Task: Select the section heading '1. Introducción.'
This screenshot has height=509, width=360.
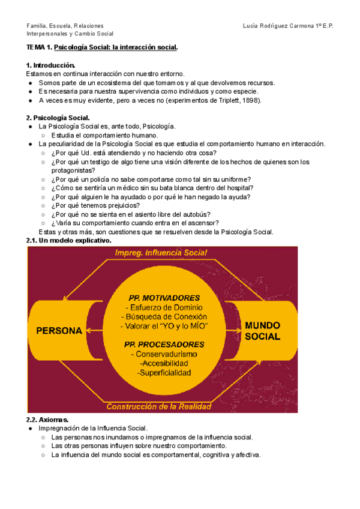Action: [51, 65]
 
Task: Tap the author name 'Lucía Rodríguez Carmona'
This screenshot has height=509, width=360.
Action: [278, 26]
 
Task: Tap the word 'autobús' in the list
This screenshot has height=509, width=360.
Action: [197, 214]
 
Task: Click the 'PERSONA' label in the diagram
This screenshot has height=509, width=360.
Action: [59, 331]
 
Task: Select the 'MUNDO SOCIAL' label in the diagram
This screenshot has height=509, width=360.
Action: [262, 331]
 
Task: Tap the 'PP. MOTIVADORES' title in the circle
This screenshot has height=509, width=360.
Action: [164, 297]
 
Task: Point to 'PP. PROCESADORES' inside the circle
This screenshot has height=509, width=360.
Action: [164, 345]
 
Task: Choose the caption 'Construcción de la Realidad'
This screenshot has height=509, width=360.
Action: [159, 406]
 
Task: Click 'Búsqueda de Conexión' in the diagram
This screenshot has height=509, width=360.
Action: [164, 316]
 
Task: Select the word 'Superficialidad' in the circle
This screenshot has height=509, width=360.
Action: [164, 373]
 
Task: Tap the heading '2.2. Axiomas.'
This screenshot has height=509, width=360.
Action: [47, 420]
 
